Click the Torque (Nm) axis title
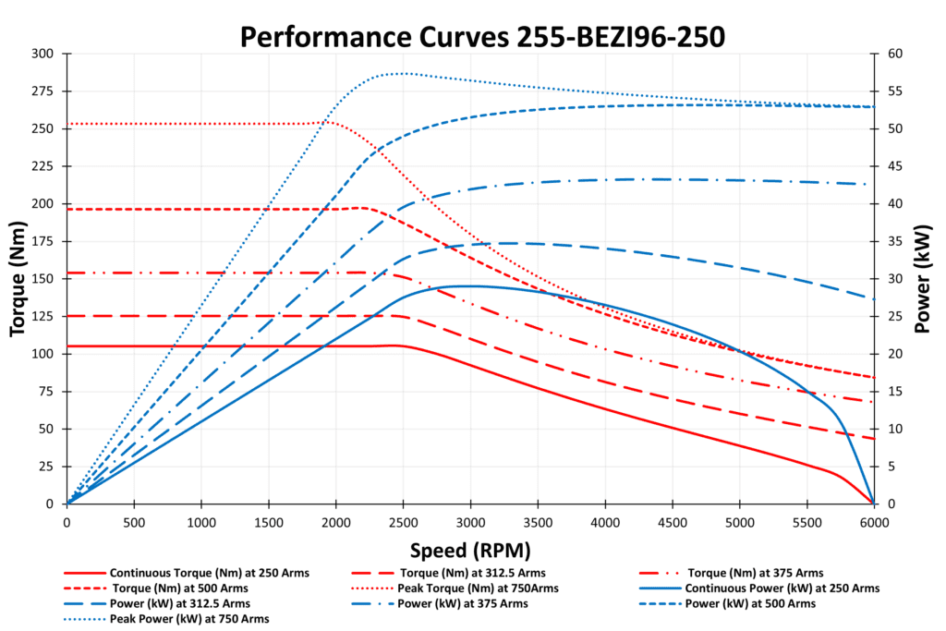tap(18, 278)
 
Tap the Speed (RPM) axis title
tap(470, 551)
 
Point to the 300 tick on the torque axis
tap(42, 54)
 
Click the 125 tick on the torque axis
tap(42, 316)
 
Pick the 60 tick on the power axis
tap(892, 54)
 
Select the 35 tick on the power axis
tap(892, 241)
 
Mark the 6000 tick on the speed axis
tap(874, 522)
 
